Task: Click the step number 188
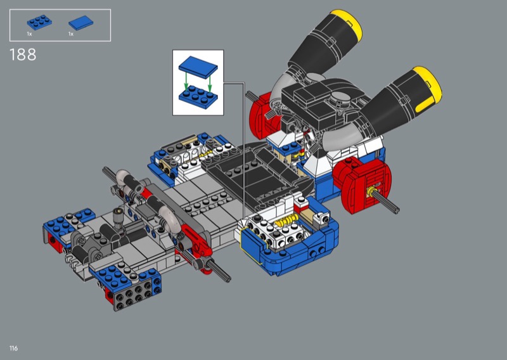(x=23, y=55)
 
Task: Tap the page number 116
(x=13, y=348)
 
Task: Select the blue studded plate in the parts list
(x=39, y=22)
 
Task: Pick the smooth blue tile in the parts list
(x=81, y=23)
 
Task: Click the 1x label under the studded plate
(x=29, y=34)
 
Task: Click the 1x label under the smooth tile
(x=71, y=34)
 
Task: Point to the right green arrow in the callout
(x=210, y=84)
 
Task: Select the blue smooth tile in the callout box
(x=198, y=67)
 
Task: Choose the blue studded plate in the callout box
(x=198, y=96)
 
